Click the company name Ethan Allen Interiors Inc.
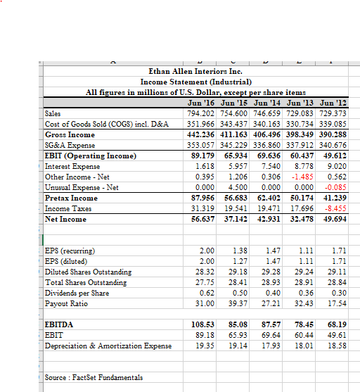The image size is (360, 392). point(195,71)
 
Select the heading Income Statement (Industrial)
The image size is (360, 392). point(195,82)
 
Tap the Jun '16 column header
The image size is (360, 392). point(185,103)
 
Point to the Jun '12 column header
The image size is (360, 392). point(333,103)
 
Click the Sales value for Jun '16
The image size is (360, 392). point(185,113)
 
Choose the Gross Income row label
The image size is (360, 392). point(70,134)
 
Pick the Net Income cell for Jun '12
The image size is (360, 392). point(333,219)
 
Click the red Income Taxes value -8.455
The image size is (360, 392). point(335,208)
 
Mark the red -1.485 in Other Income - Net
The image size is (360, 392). point(297,177)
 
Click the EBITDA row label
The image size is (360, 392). point(60,324)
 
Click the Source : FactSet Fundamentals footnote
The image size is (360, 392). point(93,378)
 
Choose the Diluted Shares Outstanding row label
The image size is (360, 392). point(88,272)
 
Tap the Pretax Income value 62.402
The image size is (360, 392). point(259,198)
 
